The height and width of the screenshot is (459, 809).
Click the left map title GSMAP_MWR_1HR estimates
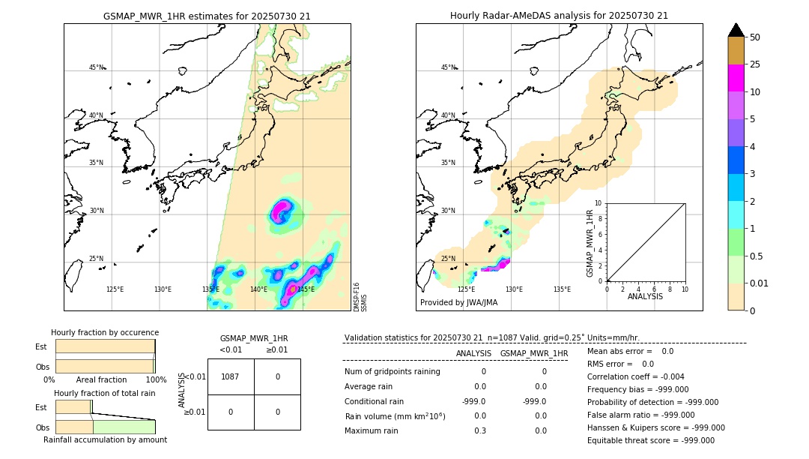point(207,16)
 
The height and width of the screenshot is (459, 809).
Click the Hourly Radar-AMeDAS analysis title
point(559,16)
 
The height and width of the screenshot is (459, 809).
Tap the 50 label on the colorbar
point(755,37)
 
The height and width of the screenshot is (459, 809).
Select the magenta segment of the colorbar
point(736,78)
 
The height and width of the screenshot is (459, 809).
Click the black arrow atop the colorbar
point(736,30)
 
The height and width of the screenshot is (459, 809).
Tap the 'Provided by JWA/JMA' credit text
point(458,302)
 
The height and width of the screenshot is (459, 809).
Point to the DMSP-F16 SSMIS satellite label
point(360,297)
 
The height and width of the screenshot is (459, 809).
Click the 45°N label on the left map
point(97,67)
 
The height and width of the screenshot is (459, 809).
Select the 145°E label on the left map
point(306,289)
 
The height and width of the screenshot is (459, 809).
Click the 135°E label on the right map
point(562,289)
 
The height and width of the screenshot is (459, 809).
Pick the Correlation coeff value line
point(636,376)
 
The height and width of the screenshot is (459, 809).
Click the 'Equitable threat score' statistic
point(651,440)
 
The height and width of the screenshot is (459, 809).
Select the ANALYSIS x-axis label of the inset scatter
point(646,296)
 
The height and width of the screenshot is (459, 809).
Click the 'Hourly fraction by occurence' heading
point(105,332)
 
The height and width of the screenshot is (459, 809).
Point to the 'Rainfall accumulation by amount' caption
point(105,439)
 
